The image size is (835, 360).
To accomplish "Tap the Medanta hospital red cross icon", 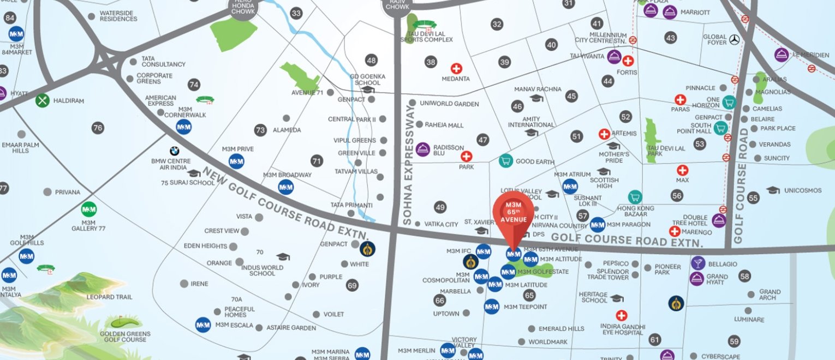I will tap(456, 69).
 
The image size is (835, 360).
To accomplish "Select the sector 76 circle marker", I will tap(98, 128).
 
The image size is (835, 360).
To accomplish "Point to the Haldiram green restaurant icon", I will tap(43, 100).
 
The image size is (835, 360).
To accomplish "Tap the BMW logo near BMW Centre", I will tap(174, 151).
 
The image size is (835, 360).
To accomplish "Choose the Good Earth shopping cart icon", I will tap(506, 161).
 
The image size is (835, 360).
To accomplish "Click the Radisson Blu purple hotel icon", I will tap(423, 149).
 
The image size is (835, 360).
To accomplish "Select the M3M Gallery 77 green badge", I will tap(89, 209).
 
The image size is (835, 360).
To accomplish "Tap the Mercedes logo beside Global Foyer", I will tap(734, 39).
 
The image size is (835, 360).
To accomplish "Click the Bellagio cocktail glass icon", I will tap(697, 263).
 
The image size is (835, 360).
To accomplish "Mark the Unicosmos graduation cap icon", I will tap(773, 190).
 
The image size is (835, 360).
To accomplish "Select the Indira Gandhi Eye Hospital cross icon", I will tap(621, 315).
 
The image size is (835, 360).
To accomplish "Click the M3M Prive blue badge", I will tap(236, 161).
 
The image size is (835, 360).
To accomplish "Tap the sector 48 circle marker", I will tap(372, 61).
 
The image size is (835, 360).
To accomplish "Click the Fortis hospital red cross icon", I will tap(628, 61).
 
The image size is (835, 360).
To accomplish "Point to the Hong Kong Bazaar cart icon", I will tap(634, 197).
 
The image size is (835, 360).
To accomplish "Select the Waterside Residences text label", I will tap(118, 16).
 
